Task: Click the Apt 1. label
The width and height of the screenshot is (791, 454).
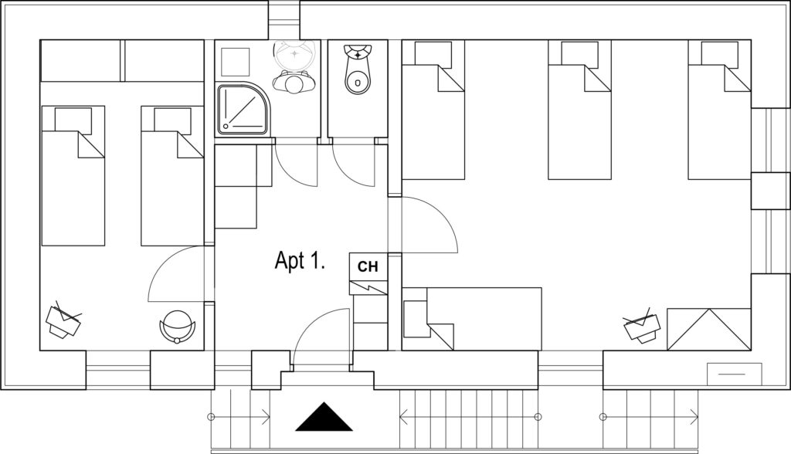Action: pyautogui.click(x=300, y=261)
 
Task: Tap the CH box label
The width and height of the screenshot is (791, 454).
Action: pyautogui.click(x=368, y=266)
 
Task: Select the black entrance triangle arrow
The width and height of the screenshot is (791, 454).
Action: pyautogui.click(x=324, y=417)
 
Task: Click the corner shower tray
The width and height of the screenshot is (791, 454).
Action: pyautogui.click(x=243, y=110)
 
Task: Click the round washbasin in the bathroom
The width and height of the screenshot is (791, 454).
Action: pyautogui.click(x=295, y=55)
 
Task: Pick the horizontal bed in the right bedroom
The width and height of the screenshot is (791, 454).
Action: pyautogui.click(x=472, y=319)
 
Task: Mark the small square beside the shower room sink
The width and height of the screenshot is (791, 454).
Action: pyautogui.click(x=235, y=62)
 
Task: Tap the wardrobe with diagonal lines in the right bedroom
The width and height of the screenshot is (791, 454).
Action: pyautogui.click(x=709, y=329)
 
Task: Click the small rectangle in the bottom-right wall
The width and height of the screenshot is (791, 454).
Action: pyautogui.click(x=735, y=374)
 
